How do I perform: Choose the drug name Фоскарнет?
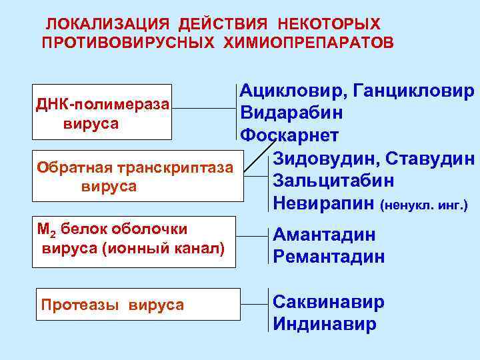(x=289, y=135)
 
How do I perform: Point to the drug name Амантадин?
(x=324, y=235)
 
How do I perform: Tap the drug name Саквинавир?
(x=329, y=302)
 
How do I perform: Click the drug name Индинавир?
(x=325, y=325)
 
